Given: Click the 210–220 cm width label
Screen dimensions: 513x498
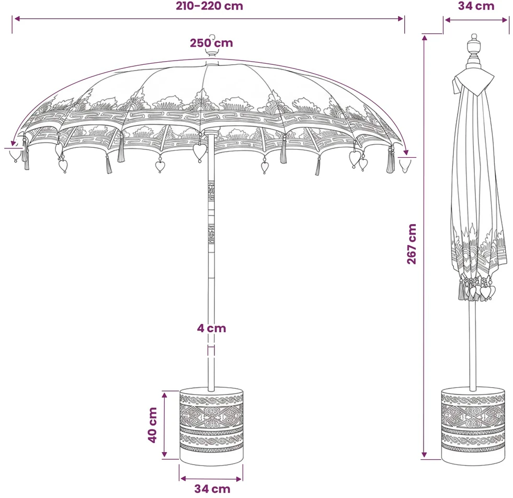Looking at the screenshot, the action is pyautogui.click(x=209, y=6).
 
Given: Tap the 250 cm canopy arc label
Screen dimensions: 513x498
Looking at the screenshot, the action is pyautogui.click(x=211, y=43).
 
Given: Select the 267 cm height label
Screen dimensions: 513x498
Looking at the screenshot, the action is pyautogui.click(x=412, y=244).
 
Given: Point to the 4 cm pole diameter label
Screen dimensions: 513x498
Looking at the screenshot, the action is pyautogui.click(x=211, y=328).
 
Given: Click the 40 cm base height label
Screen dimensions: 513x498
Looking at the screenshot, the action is pyautogui.click(x=153, y=425).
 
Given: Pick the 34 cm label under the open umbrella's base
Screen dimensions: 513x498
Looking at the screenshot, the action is pyautogui.click(x=212, y=489).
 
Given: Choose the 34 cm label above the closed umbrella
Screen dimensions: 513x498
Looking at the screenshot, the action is pyautogui.click(x=476, y=6).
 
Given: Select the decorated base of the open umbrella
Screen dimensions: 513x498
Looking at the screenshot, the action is pyautogui.click(x=211, y=427).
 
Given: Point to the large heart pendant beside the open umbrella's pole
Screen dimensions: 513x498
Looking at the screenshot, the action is pyautogui.click(x=200, y=151).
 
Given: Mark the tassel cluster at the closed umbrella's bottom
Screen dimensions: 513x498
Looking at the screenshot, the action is pyautogui.click(x=477, y=288).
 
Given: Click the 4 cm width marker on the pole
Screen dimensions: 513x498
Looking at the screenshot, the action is pyautogui.click(x=211, y=351).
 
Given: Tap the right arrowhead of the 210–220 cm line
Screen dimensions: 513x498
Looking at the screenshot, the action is pyautogui.click(x=401, y=19).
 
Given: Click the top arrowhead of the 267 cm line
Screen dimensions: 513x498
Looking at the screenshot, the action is pyautogui.click(x=424, y=38).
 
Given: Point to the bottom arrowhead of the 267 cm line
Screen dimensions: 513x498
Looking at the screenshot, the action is pyautogui.click(x=424, y=455).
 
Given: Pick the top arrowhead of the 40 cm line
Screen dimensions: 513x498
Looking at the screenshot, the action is pyautogui.click(x=165, y=395).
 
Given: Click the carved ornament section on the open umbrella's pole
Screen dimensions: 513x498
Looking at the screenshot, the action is pyautogui.click(x=211, y=213).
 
